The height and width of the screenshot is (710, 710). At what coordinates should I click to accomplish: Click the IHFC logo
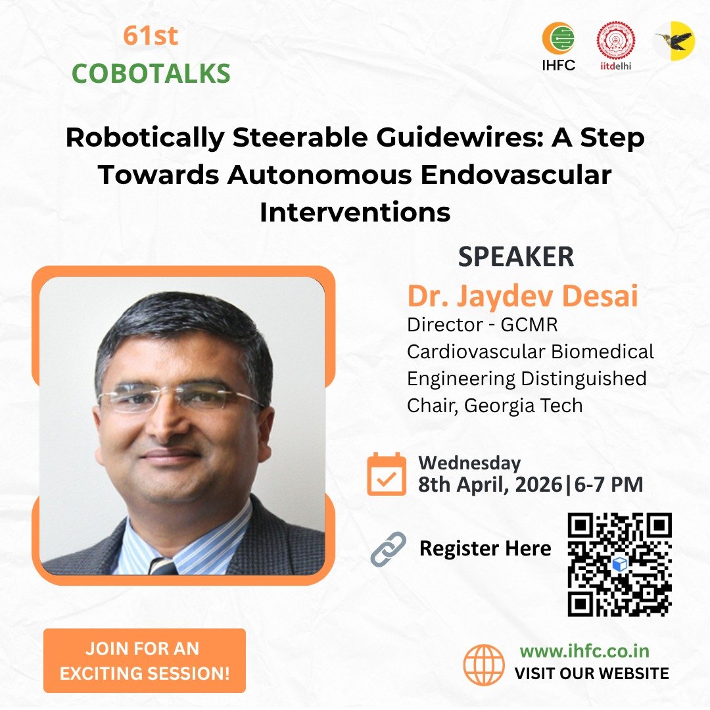click(558, 46)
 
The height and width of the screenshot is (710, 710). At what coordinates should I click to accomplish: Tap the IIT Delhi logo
click(615, 46)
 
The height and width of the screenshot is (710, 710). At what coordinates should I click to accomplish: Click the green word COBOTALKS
click(151, 74)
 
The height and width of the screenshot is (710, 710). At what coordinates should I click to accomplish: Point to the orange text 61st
click(151, 36)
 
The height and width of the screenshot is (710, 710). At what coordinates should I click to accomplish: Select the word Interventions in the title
click(355, 212)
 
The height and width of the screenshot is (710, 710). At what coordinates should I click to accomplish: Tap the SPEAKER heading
click(516, 257)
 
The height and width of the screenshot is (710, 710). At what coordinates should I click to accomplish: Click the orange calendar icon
click(387, 474)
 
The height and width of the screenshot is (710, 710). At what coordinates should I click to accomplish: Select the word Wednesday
click(469, 463)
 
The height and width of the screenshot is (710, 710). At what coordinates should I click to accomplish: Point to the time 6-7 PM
click(607, 485)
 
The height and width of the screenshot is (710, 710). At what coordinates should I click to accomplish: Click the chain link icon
click(388, 549)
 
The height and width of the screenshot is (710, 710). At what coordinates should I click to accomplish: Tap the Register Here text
click(485, 548)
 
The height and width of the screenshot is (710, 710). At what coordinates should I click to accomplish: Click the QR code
click(619, 563)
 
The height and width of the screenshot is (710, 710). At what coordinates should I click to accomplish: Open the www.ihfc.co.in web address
click(584, 651)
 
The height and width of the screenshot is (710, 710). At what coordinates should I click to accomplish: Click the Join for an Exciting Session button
click(145, 661)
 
